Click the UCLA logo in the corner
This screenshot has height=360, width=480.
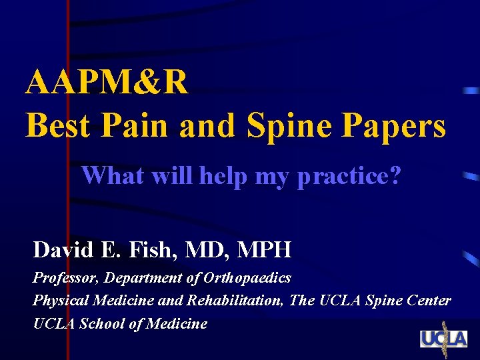pyautogui.click(x=443, y=339)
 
